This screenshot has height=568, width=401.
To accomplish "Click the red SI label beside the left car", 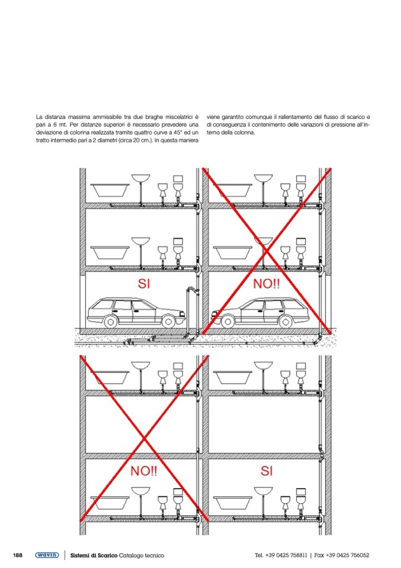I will click(144, 284).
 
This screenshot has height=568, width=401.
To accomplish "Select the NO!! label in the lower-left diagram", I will click(144, 471).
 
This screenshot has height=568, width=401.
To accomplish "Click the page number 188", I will click(18, 555).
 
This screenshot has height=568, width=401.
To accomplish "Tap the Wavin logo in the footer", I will click(47, 555).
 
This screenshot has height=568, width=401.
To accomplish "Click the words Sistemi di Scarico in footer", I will click(93, 555).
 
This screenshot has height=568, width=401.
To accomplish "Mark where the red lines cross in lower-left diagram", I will click(144, 438).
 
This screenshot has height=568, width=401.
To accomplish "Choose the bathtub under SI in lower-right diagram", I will click(232, 502).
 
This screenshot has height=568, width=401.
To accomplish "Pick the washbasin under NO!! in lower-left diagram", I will click(141, 491).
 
